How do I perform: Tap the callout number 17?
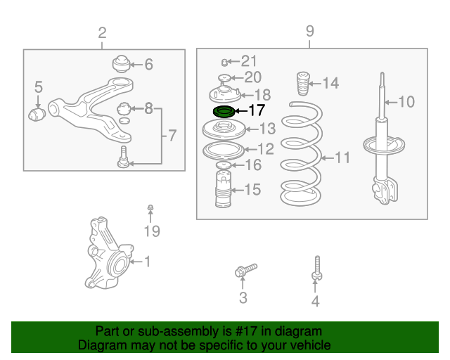click(x=257, y=110)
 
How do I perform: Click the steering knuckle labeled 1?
click(x=108, y=253)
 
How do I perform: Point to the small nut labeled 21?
click(x=225, y=62)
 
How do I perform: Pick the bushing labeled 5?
click(x=37, y=115)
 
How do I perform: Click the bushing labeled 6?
click(x=121, y=64)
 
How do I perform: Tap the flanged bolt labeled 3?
click(x=245, y=270)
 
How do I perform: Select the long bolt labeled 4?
click(x=317, y=268)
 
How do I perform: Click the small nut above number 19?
click(x=150, y=207)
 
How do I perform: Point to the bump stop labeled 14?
click(x=303, y=83)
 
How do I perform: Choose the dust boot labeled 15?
click(x=224, y=188)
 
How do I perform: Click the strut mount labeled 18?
click(x=225, y=95)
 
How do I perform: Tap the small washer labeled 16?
click(x=224, y=165)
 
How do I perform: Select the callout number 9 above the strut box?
click(x=309, y=31)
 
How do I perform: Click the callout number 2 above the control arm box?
click(x=102, y=33)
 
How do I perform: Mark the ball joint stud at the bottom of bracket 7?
click(x=124, y=157)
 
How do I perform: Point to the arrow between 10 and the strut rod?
click(x=392, y=102)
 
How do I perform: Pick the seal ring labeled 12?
click(x=224, y=150)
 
